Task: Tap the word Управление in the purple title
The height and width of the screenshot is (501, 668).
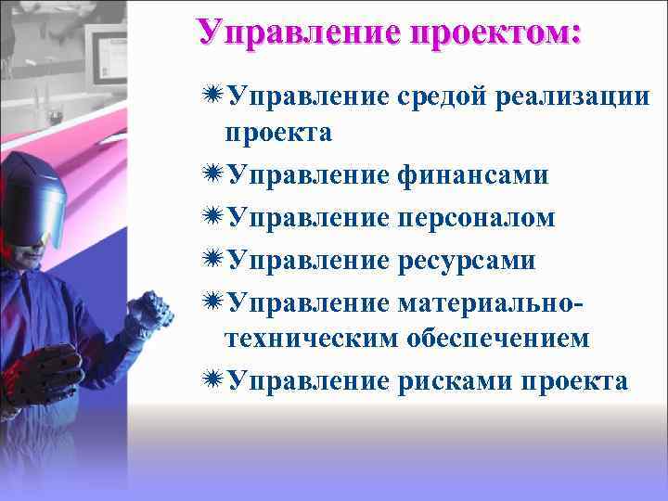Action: (x=298, y=32)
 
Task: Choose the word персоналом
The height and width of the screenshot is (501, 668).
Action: (x=475, y=217)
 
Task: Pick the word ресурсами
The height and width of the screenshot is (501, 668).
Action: (x=466, y=260)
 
